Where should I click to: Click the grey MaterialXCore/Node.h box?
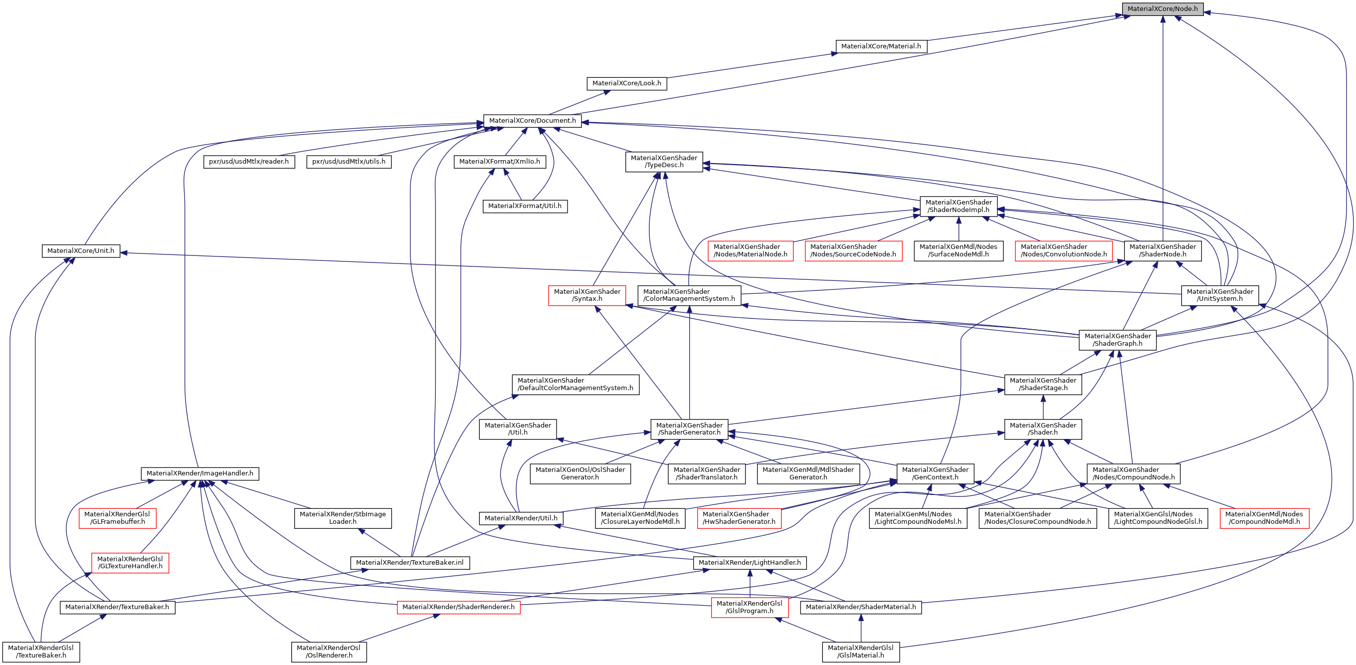click(x=1162, y=9)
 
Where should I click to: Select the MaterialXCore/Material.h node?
click(x=881, y=46)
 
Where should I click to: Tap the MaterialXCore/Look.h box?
click(x=626, y=83)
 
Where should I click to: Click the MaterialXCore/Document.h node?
click(x=532, y=121)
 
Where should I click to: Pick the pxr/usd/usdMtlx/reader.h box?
click(x=248, y=162)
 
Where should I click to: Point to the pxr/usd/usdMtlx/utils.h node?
click(x=349, y=162)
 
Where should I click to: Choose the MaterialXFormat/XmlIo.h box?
click(x=499, y=162)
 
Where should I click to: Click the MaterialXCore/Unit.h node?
click(x=80, y=250)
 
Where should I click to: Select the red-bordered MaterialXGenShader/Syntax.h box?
click(x=587, y=295)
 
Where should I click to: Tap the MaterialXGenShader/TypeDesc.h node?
click(x=664, y=162)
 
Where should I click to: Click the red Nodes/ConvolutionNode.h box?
click(x=1063, y=250)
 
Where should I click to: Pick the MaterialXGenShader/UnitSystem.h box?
click(x=1220, y=295)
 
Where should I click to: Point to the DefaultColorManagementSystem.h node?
click(x=575, y=384)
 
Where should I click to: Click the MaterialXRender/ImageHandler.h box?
click(x=199, y=473)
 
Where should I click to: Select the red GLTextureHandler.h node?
click(x=130, y=562)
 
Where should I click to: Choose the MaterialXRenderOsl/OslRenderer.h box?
click(x=329, y=652)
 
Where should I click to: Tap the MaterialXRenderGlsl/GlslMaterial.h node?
click(x=860, y=652)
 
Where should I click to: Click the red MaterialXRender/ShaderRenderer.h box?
click(x=458, y=607)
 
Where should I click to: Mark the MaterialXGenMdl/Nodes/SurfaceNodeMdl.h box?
click(x=958, y=250)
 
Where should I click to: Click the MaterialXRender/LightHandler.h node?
click(x=750, y=563)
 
